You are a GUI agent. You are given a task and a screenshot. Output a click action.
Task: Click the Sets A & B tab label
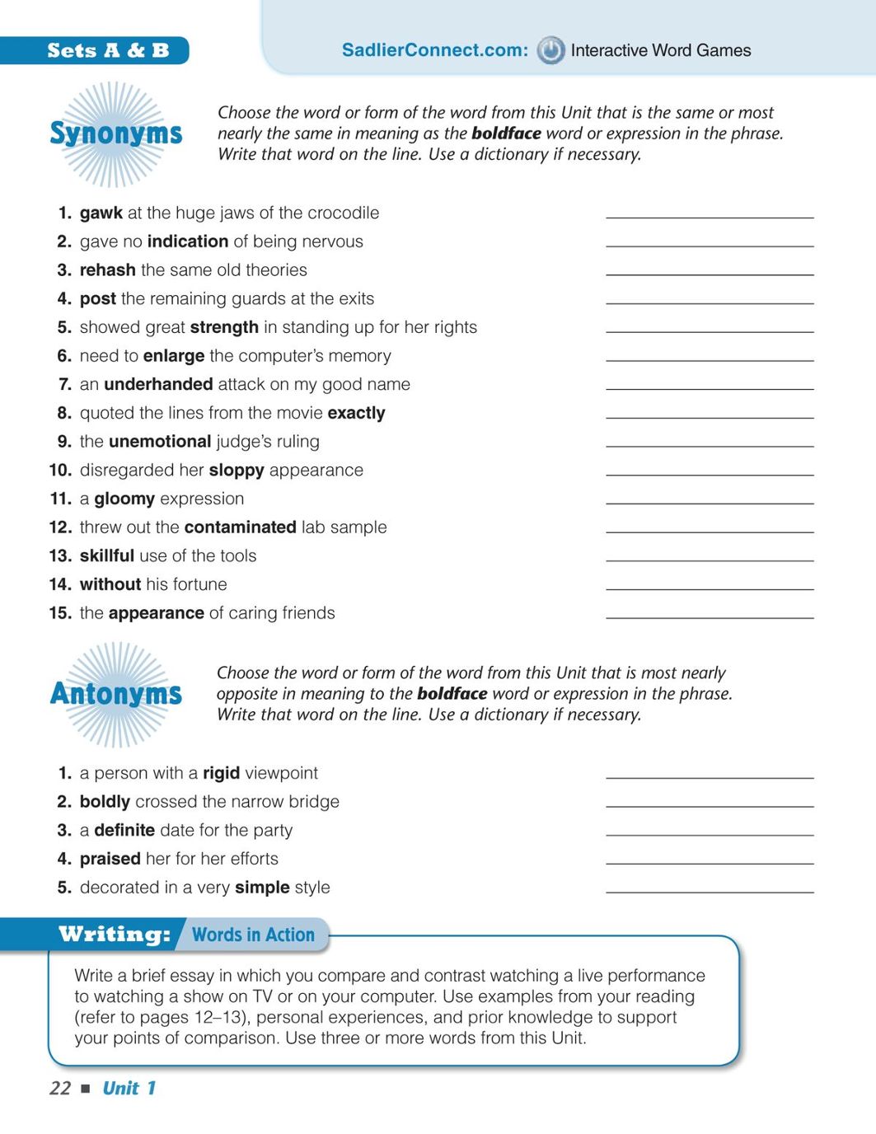coord(108,50)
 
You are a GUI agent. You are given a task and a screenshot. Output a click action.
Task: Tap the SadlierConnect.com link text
coord(434,50)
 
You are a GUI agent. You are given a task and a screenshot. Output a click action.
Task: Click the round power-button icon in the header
coord(550,50)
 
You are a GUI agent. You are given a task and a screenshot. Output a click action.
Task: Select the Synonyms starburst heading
coord(116,134)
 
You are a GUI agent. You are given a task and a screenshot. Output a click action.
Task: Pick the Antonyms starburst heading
coord(116,694)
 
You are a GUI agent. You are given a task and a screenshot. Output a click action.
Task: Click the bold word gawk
coord(101,213)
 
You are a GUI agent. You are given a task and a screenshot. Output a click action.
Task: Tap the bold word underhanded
coord(158,384)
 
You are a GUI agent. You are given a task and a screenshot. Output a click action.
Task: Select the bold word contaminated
coord(240,527)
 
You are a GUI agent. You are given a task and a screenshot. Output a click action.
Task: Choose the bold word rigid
coord(221,773)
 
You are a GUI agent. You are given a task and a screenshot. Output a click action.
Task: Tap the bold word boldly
coord(105,802)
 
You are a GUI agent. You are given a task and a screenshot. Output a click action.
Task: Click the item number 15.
coord(60,613)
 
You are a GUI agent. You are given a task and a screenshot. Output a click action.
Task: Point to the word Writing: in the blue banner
coord(115,934)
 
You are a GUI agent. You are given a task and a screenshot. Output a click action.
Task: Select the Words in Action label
coord(253,935)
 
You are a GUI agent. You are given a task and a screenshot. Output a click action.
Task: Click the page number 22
coord(60,1088)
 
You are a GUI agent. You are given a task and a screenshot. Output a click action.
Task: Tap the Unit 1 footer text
coord(129,1088)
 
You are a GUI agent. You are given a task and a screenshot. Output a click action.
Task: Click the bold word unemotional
coord(160,442)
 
